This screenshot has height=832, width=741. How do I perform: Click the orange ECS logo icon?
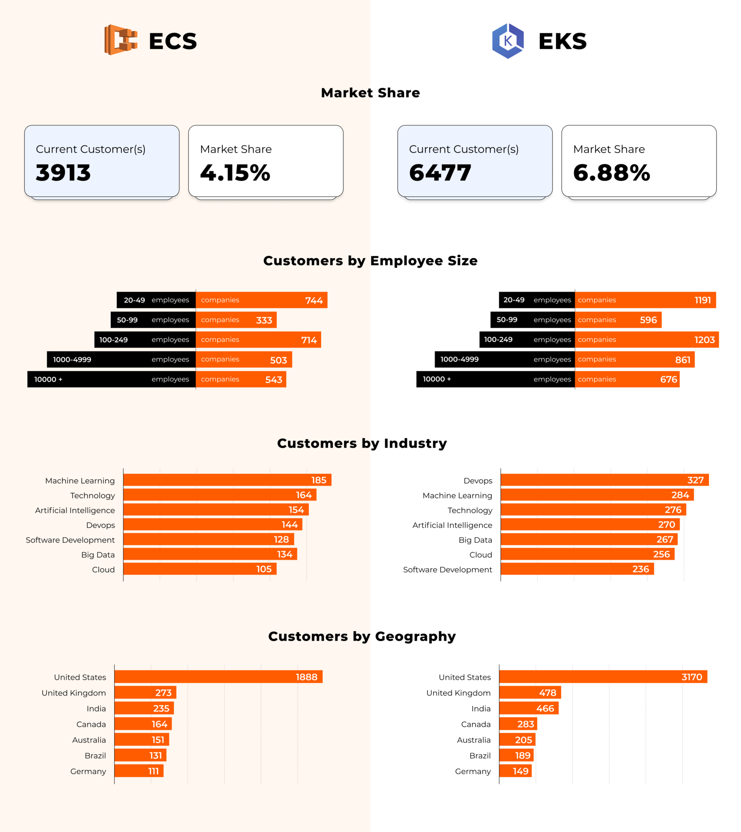pos(120,40)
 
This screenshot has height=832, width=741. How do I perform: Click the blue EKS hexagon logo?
pos(508,41)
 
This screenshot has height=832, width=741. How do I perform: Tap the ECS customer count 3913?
pos(64,173)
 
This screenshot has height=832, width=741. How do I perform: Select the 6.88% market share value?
pos(611,173)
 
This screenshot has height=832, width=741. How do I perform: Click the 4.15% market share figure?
pos(235,173)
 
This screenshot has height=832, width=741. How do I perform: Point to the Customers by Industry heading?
pos(362,443)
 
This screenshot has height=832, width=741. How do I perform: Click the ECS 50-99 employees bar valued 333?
pos(236,320)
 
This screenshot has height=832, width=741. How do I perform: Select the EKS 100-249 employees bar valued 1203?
pos(646,340)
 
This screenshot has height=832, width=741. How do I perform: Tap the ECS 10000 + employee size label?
pos(49,380)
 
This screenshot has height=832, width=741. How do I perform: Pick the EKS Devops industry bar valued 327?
pos(604,480)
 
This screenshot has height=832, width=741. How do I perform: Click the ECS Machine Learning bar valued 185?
pos(227,480)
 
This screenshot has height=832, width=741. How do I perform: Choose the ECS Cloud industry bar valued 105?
pos(200,569)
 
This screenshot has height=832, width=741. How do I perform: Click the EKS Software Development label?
pos(447,570)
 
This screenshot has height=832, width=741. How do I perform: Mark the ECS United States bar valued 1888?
pos(218,677)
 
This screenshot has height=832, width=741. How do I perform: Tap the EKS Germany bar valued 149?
pos(515,771)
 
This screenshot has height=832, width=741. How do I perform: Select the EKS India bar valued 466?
pos(528,708)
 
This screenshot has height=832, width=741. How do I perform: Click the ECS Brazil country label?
pos(95,756)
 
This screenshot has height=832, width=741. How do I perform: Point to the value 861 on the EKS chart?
pos(682,360)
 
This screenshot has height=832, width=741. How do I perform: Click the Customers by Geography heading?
pos(362,636)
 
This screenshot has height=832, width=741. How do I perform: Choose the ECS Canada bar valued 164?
pos(143,724)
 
